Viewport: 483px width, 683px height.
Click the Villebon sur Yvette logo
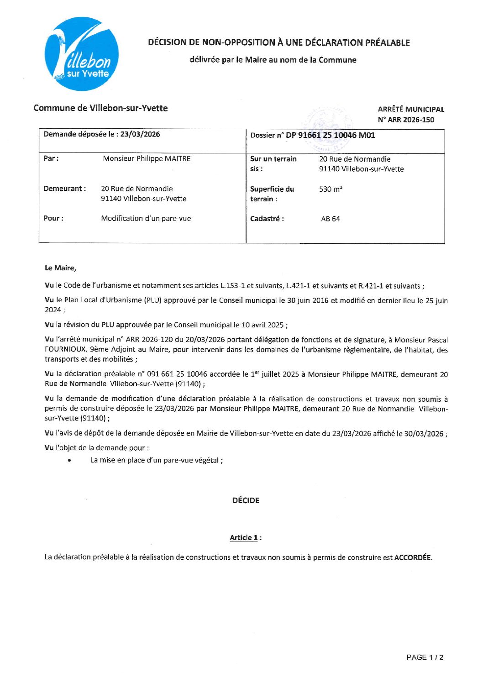click(x=82, y=54)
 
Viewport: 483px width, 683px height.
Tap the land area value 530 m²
click(x=331, y=189)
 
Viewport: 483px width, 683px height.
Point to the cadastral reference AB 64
click(x=330, y=219)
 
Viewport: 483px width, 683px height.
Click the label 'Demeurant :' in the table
click(x=64, y=189)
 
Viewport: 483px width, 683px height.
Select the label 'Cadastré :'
click(x=267, y=219)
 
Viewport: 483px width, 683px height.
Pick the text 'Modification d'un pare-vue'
click(x=146, y=218)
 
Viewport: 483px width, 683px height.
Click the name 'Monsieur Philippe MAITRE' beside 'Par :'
click(x=147, y=158)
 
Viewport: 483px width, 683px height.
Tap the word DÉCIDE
click(x=246, y=500)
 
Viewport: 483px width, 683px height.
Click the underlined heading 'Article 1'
click(x=244, y=537)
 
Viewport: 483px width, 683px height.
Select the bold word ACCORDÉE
click(x=413, y=557)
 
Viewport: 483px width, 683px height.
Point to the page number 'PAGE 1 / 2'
click(x=425, y=657)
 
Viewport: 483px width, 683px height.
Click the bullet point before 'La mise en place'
click(x=69, y=461)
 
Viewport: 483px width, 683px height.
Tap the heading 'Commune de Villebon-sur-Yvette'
click(x=100, y=108)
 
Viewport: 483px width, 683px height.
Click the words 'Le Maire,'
click(x=60, y=268)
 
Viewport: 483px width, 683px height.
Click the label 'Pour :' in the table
click(x=53, y=218)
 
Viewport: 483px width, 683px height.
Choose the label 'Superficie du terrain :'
click(x=272, y=194)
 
